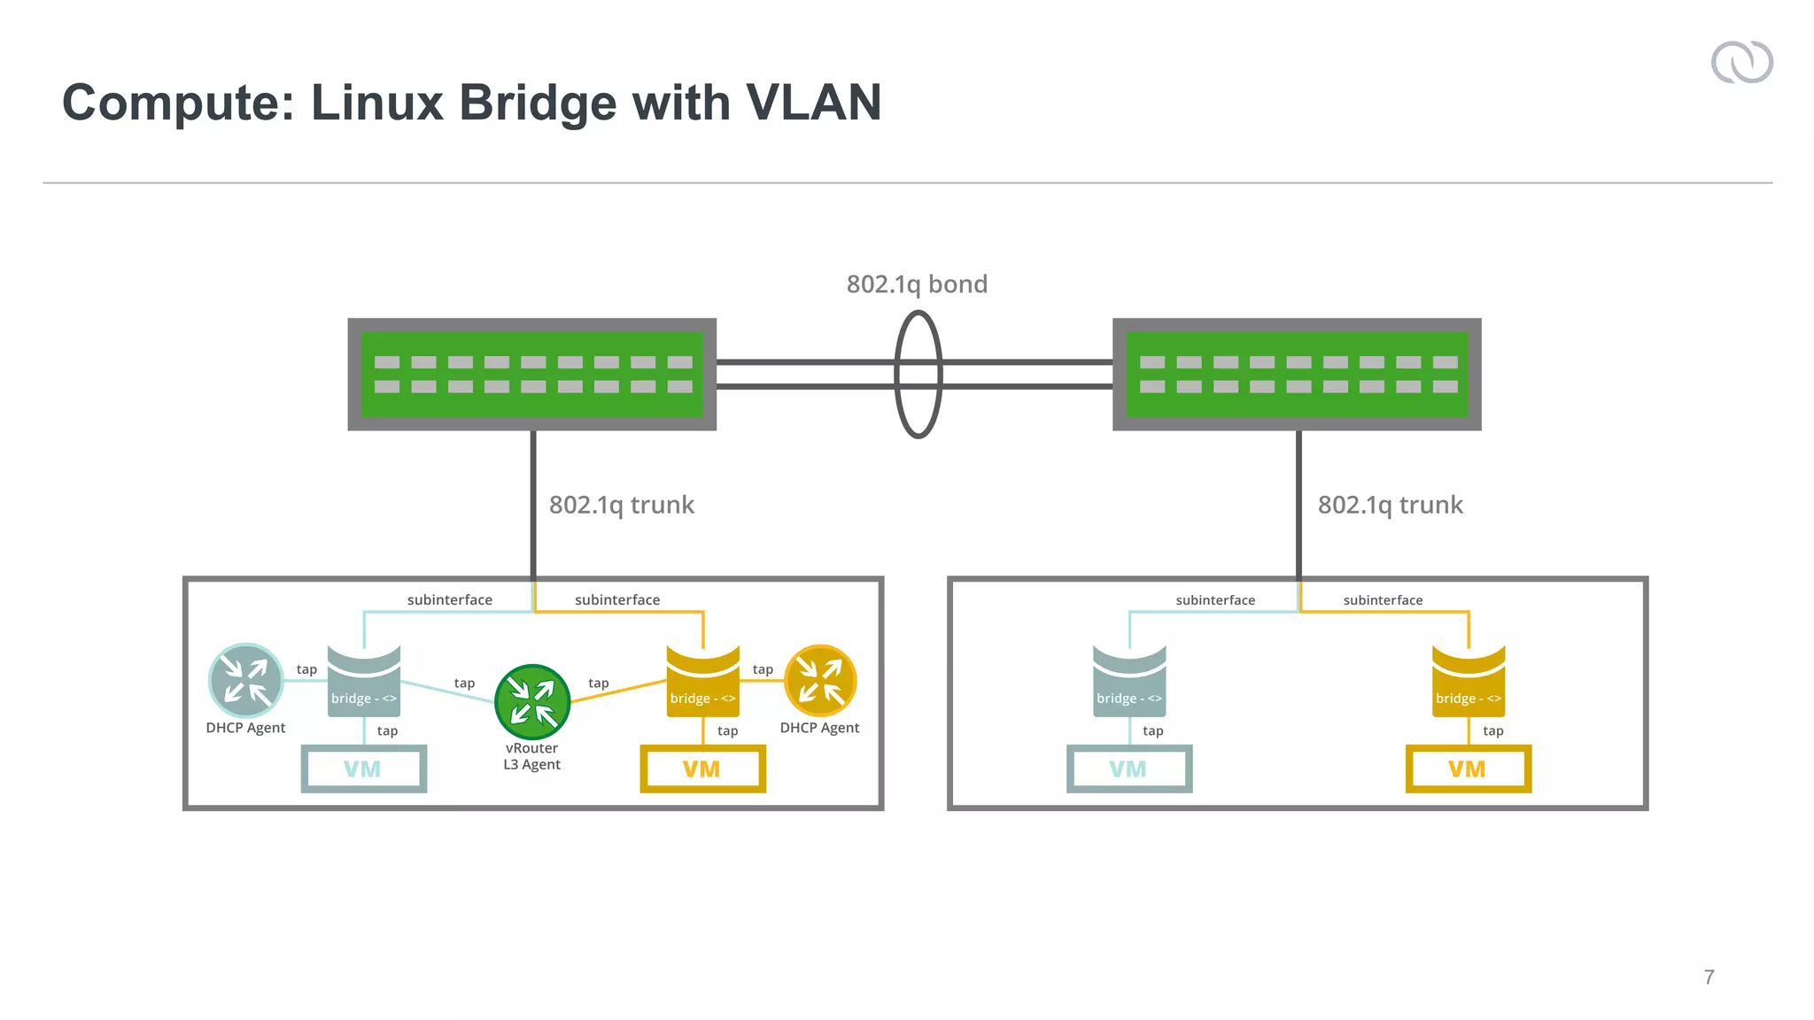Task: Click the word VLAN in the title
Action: pos(813,103)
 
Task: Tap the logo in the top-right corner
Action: pos(1741,63)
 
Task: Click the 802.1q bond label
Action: pos(917,284)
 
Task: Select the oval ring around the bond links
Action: pos(897,375)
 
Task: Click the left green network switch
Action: pos(531,375)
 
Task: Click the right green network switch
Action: pos(1297,375)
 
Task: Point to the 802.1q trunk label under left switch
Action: pos(621,505)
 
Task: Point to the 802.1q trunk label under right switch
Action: pos(1390,505)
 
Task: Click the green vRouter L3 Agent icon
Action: pos(532,702)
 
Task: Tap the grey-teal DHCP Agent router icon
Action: pos(246,681)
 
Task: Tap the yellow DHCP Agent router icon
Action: pos(820,681)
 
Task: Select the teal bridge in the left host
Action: pos(364,682)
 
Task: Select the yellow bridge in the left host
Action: pos(702,682)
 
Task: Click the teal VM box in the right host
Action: pos(1129,769)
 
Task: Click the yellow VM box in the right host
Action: pos(1468,769)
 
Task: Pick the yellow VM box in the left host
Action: pos(702,769)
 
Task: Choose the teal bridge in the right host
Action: pos(1129,682)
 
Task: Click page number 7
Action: pos(1709,977)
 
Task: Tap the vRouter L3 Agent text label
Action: pos(532,756)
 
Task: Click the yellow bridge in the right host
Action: pos(1468,682)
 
